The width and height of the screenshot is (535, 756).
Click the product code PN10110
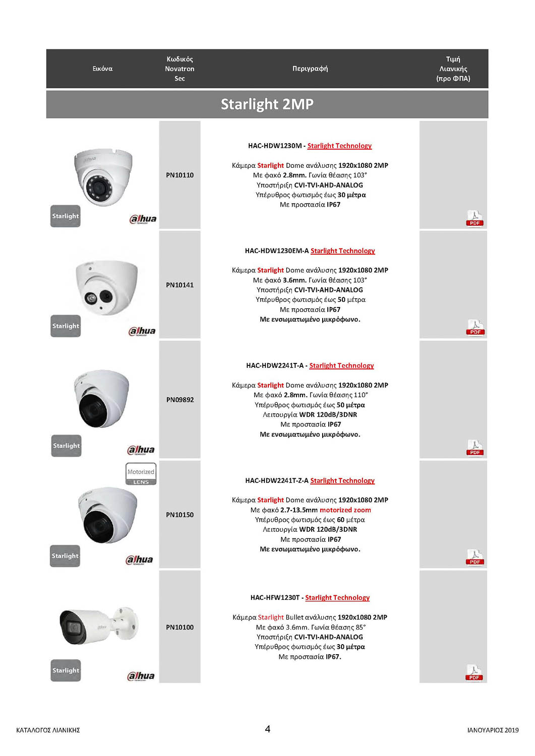coord(180,175)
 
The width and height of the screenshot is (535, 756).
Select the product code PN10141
coord(180,285)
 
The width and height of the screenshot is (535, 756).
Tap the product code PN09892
coord(180,400)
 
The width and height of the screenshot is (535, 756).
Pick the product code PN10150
coord(180,515)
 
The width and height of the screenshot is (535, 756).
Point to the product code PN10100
coord(180,627)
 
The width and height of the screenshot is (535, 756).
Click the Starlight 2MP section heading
coord(267,104)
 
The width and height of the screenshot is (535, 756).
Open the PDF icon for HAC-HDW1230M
coord(474,219)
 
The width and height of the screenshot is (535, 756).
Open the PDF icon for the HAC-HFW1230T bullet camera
coord(474,673)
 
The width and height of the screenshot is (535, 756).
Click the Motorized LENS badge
coord(141,474)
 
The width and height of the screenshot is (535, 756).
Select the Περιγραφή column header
coord(310,69)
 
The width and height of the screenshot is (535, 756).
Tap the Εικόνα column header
coord(102,69)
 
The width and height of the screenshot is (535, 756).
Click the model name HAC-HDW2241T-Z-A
coord(276,481)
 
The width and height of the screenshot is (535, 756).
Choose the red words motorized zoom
coord(345,510)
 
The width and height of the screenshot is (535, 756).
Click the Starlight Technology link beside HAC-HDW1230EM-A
coord(342,251)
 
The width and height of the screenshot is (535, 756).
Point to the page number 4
coord(267,729)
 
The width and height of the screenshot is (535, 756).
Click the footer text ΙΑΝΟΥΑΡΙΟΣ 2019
coord(493,730)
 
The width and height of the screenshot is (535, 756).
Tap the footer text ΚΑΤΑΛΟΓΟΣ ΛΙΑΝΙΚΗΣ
coord(48,730)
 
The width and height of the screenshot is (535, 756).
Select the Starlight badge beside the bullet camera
coord(66,671)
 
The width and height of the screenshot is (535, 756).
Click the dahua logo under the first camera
coord(143,219)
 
